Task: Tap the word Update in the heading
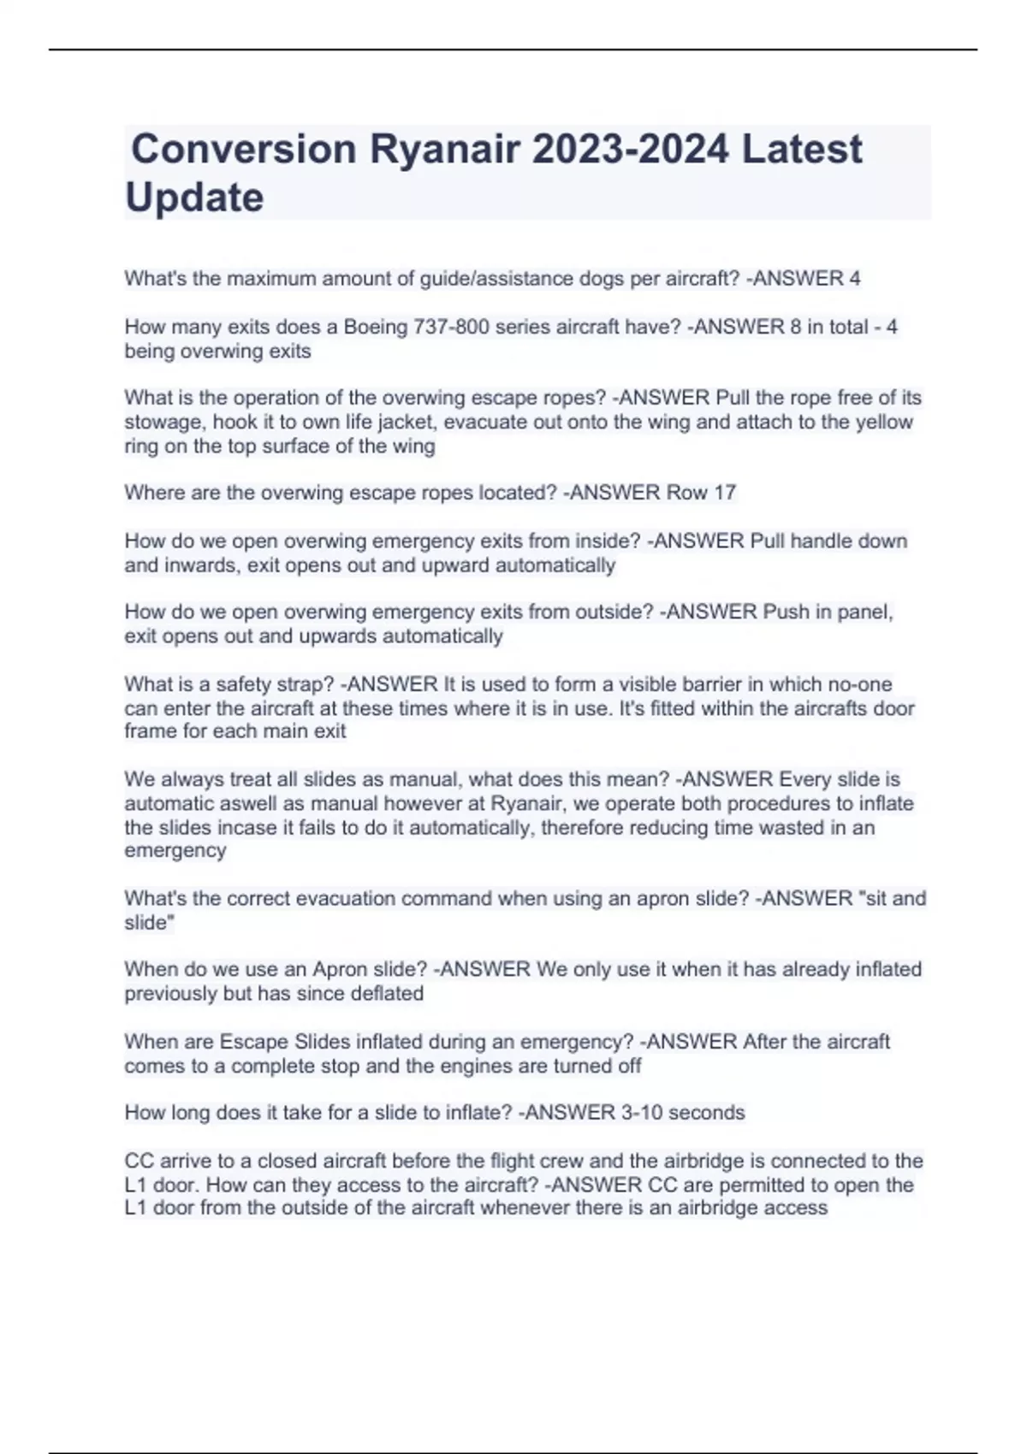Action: click(194, 198)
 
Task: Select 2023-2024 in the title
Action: click(631, 149)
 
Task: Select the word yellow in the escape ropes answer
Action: click(884, 422)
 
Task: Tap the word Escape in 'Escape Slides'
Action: click(254, 1042)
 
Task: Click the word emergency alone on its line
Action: click(175, 851)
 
